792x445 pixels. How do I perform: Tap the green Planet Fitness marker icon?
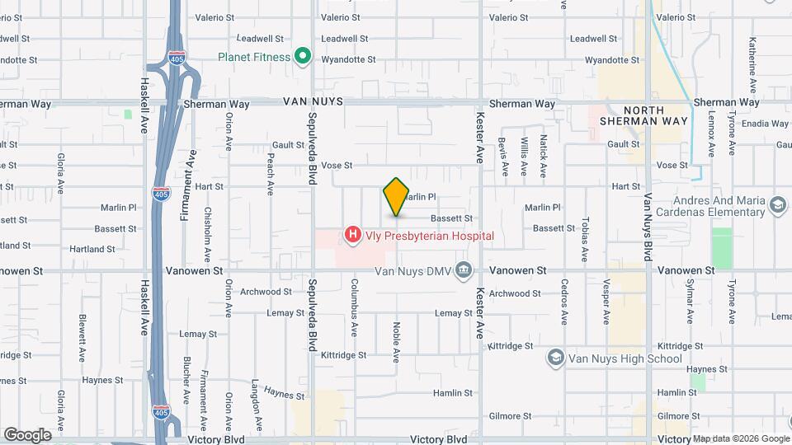(x=303, y=57)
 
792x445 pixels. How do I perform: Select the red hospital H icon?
(x=353, y=236)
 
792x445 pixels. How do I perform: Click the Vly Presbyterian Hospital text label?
(x=431, y=236)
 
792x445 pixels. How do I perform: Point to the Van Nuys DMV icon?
(x=464, y=269)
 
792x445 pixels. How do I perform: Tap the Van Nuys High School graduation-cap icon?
(x=556, y=358)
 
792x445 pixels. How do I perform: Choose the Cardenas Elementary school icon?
(x=776, y=204)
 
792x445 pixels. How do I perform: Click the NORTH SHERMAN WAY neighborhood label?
(x=655, y=115)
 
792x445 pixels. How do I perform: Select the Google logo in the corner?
(x=26, y=434)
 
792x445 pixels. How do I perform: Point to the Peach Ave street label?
(x=271, y=175)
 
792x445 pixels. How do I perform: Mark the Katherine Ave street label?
(x=752, y=57)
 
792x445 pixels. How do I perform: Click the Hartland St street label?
(x=92, y=249)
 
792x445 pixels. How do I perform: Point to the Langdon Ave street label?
(x=256, y=400)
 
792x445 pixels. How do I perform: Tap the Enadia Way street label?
(x=765, y=124)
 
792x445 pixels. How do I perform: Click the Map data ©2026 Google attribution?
(x=740, y=438)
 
